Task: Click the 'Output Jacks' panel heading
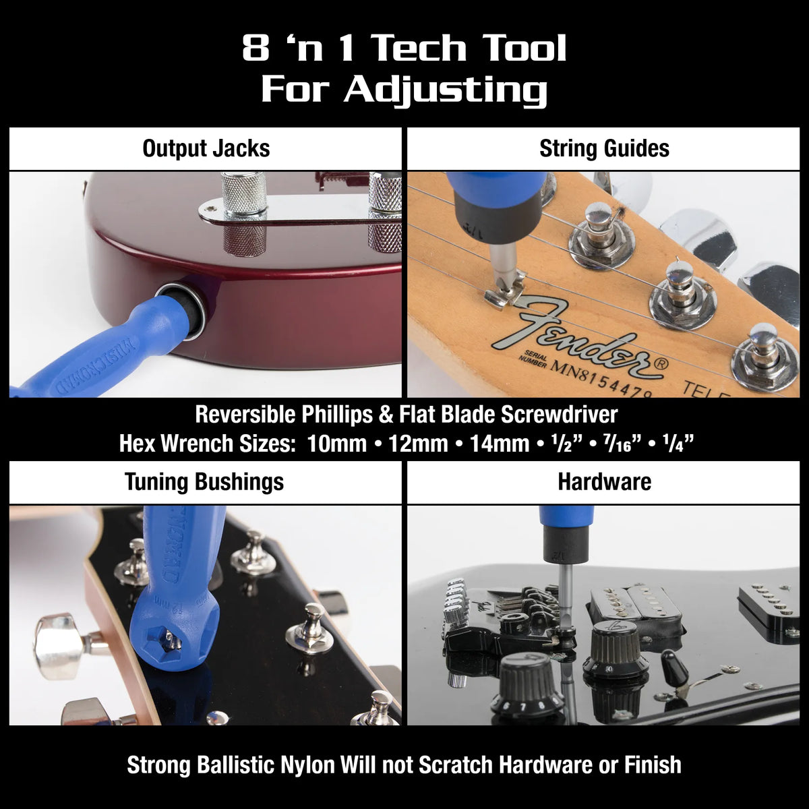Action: click(206, 148)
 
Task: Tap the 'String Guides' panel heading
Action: click(604, 148)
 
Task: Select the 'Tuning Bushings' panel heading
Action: click(204, 482)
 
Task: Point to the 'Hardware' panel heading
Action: click(604, 481)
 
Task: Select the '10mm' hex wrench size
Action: click(336, 444)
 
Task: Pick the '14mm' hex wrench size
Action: click(500, 444)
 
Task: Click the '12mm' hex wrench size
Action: click(418, 444)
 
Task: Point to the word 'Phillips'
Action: click(337, 415)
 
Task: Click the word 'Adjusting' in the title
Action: click(446, 90)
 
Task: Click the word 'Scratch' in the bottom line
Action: click(456, 765)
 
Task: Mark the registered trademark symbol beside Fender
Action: click(661, 363)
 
